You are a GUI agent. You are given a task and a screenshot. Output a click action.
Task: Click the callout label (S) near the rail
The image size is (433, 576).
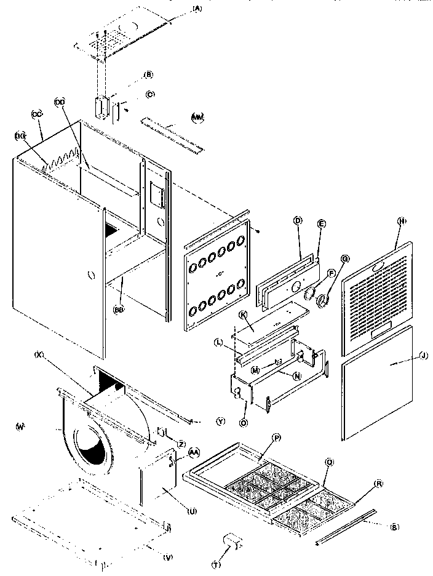tap(394, 526)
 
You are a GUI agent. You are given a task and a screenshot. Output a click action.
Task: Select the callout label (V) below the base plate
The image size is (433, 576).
tap(168, 558)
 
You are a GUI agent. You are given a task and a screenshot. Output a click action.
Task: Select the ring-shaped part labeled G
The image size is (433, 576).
tap(323, 300)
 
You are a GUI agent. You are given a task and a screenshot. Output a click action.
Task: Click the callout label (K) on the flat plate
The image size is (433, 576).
tap(243, 315)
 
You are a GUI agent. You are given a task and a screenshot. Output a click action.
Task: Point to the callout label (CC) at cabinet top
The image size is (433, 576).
tap(35, 114)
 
